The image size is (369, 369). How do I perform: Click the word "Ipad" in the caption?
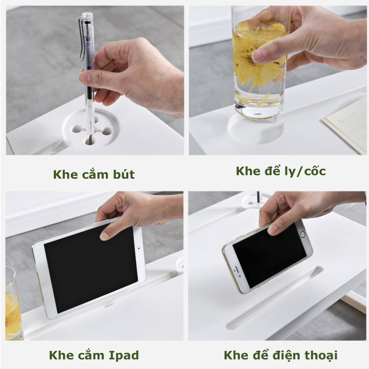(124, 355)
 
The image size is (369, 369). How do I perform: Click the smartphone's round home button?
(303, 234)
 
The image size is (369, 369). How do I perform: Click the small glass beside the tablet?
(13, 306)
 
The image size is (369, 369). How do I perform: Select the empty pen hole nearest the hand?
(107, 131)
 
